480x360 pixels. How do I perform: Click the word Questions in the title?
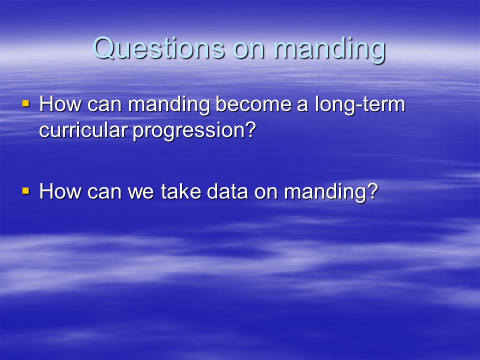coord(158,48)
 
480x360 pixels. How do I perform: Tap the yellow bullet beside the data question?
coord(26,191)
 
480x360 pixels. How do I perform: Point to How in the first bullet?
coord(60,104)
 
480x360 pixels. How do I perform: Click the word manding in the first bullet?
coord(169,106)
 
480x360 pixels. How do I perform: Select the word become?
coord(253,104)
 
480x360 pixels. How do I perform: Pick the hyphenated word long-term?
coord(360,106)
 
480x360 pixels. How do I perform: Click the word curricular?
coord(83,130)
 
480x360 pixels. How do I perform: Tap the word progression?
coord(194,131)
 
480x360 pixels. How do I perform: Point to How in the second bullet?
coord(60,191)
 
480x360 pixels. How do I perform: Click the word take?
coord(180,191)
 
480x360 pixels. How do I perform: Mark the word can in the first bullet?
coord(104,106)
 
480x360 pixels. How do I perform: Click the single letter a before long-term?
coord(302,106)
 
